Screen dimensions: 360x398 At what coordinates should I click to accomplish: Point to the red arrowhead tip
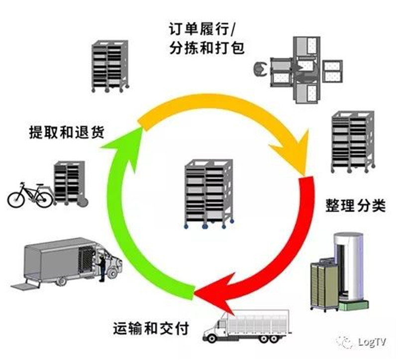[x=196, y=296]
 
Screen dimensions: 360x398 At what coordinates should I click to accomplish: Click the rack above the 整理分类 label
[x=351, y=141]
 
